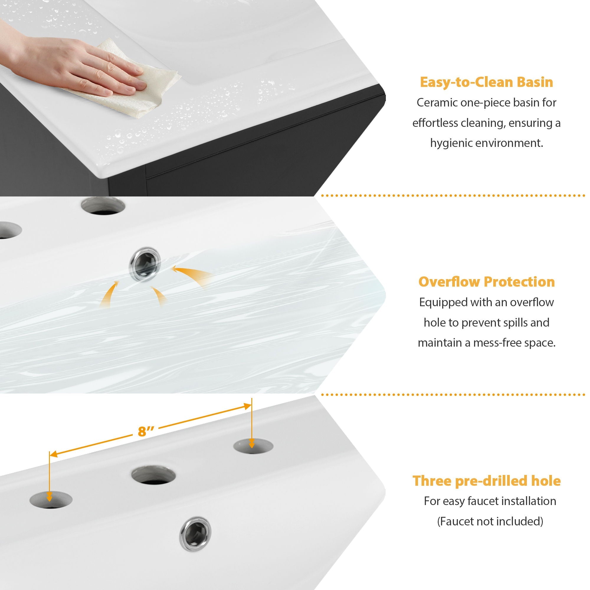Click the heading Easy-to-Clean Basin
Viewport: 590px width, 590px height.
(486, 83)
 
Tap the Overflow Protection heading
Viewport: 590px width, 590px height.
(486, 281)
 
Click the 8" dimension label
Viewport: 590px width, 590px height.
(146, 431)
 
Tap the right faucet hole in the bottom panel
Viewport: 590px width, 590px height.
(253, 446)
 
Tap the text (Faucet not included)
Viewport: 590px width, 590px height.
(490, 521)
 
